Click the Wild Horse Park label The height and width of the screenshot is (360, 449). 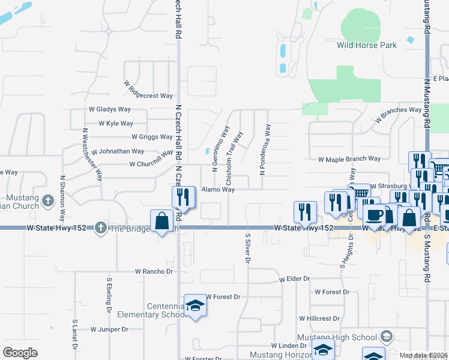click(367, 45)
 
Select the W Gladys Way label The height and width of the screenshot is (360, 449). click(110, 109)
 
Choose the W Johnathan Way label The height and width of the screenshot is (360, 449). click(118, 151)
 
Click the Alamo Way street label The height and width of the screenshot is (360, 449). click(217, 189)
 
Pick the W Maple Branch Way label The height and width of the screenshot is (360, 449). click(349, 159)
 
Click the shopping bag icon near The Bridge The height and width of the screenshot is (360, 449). click(162, 221)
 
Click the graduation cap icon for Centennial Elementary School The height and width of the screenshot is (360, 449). click(194, 306)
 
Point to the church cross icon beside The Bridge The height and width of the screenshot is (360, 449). click(100, 228)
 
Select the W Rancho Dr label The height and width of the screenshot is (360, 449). click(154, 271)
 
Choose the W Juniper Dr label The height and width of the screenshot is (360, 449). click(110, 329)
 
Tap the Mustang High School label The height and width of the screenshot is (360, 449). click(340, 338)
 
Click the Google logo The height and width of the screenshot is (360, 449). click(20, 353)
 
